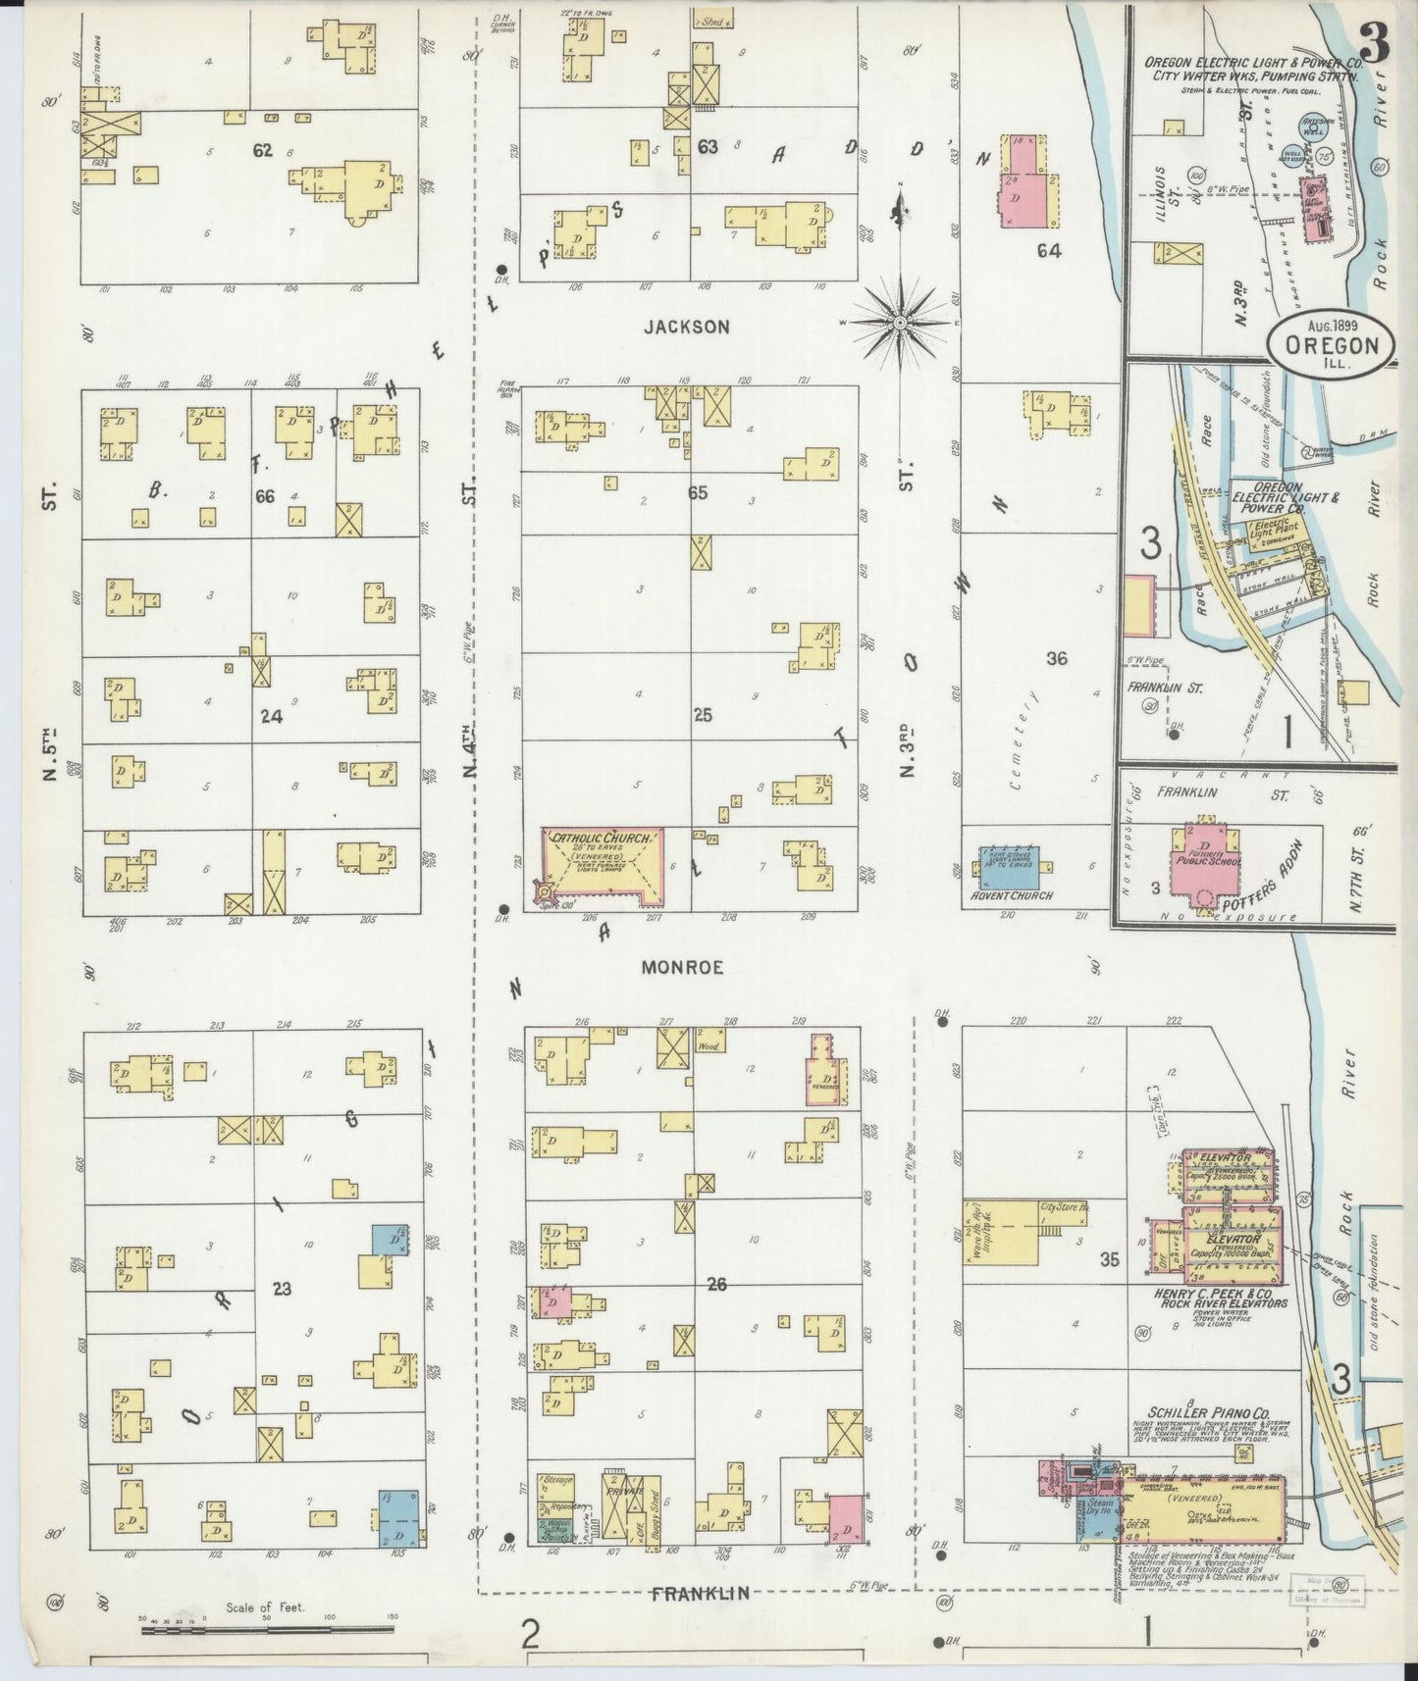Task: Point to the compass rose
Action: [900, 322]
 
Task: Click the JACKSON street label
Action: [687, 327]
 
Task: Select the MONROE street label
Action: [683, 967]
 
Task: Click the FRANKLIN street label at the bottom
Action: [702, 1594]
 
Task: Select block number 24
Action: [271, 716]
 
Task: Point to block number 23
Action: [282, 1289]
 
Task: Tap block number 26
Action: [716, 1283]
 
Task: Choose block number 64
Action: [1049, 250]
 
